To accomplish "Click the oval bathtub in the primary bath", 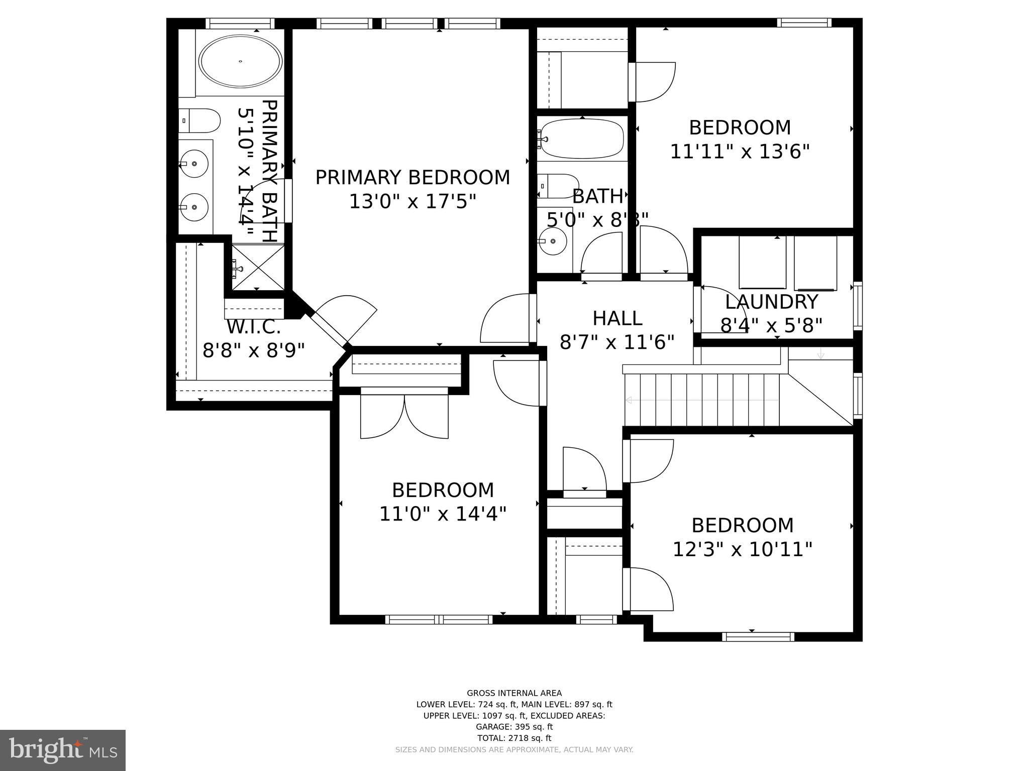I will point(240,62).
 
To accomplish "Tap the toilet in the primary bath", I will point(200,121).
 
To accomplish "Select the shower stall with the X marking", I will point(258,268).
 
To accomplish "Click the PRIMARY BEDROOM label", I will point(413,178).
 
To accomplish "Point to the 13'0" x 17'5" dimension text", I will point(413,202).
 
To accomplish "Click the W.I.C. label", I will point(254,327).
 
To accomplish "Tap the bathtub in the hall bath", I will point(582,139).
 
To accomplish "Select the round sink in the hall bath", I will point(553,241).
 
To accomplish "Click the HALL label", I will point(617,318).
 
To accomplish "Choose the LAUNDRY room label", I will point(772,302).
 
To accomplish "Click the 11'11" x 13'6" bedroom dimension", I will point(740,151).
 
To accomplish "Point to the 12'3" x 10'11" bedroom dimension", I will point(742,549).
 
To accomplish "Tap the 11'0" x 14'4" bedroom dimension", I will point(443,514).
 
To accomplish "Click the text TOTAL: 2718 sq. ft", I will point(514,738).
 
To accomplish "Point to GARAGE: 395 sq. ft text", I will point(514,727).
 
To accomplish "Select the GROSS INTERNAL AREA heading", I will point(514,693).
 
